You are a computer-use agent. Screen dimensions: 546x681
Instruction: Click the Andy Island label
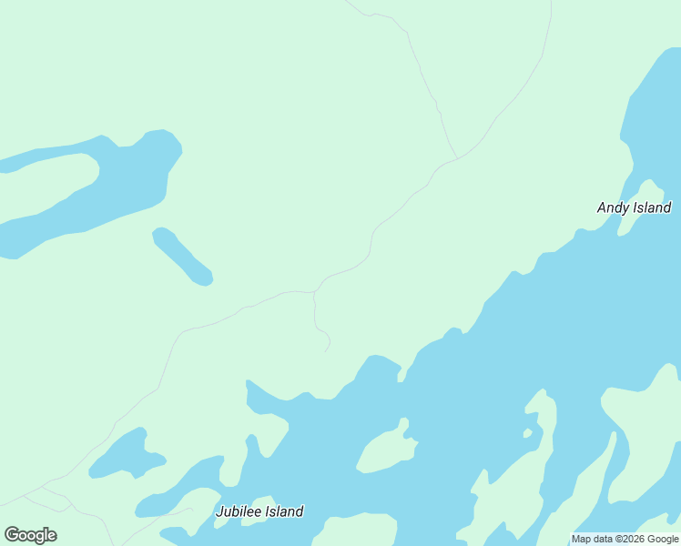[634, 207]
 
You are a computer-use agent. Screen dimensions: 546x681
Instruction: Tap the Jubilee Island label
[259, 511]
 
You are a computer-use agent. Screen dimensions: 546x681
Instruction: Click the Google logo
[30, 535]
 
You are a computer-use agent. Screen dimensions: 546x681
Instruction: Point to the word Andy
[613, 207]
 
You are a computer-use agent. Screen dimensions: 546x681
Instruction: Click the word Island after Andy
[652, 207]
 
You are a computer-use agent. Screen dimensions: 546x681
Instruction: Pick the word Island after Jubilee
[283, 511]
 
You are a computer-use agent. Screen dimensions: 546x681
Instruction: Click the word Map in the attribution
[582, 540]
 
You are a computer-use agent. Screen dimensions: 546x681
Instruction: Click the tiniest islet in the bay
[527, 434]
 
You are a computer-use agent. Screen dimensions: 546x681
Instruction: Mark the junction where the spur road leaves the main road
[315, 292]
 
